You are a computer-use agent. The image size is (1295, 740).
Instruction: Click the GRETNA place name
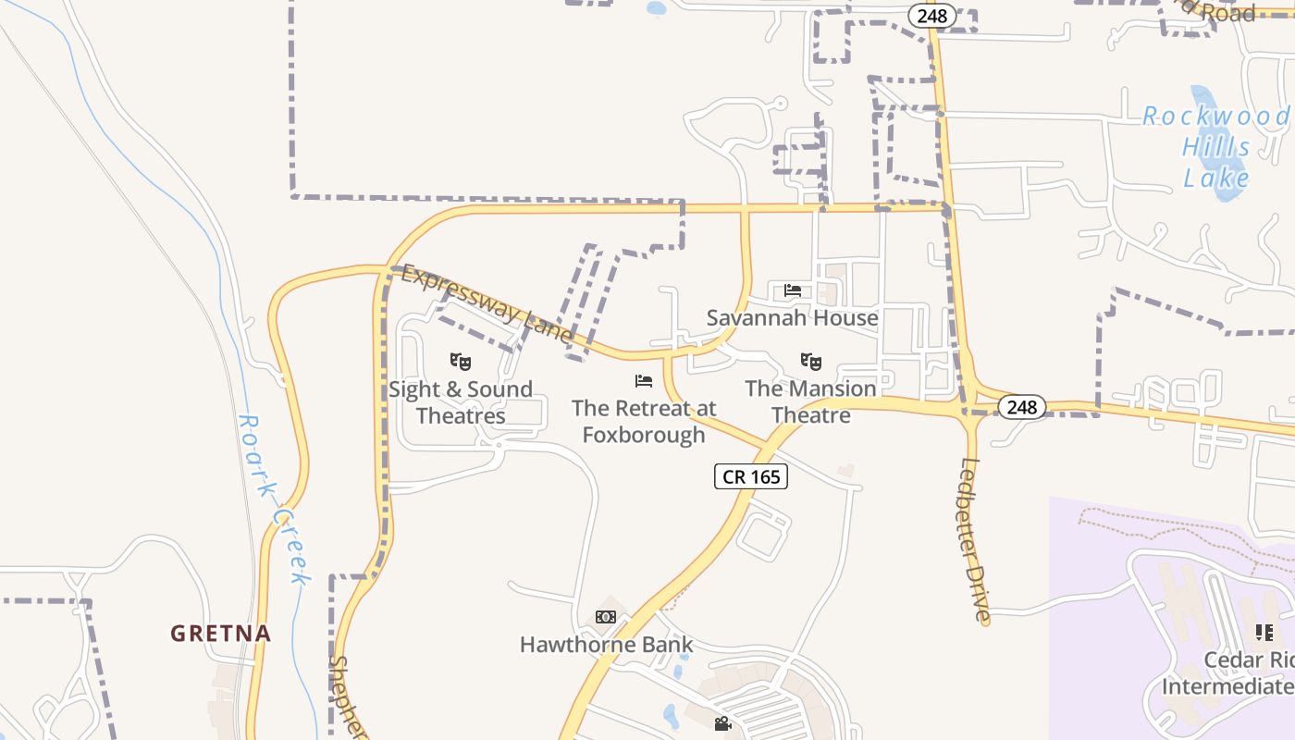click(x=220, y=634)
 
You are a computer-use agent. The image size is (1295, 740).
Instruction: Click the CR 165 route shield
click(x=750, y=477)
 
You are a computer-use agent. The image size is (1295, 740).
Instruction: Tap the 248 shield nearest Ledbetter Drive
click(x=1022, y=407)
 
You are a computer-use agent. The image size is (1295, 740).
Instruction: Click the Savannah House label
click(x=792, y=318)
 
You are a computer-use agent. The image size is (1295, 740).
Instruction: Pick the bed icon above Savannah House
click(x=793, y=290)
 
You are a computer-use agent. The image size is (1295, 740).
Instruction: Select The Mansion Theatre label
click(x=810, y=401)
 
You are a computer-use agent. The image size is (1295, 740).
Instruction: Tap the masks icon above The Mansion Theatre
click(x=811, y=362)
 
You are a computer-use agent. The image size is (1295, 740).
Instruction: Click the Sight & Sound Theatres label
click(x=461, y=402)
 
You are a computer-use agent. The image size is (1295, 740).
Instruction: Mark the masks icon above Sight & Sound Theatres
click(x=461, y=362)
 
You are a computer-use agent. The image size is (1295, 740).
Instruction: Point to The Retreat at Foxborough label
click(x=644, y=421)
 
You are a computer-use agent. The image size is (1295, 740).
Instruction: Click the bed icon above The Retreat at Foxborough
click(x=644, y=381)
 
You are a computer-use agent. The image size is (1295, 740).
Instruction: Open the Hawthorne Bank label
click(x=606, y=645)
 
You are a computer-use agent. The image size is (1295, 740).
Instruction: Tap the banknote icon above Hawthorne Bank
click(x=606, y=617)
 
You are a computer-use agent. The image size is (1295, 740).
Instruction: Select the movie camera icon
click(x=722, y=723)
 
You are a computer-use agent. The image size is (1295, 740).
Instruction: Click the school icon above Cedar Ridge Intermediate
click(x=1264, y=633)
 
